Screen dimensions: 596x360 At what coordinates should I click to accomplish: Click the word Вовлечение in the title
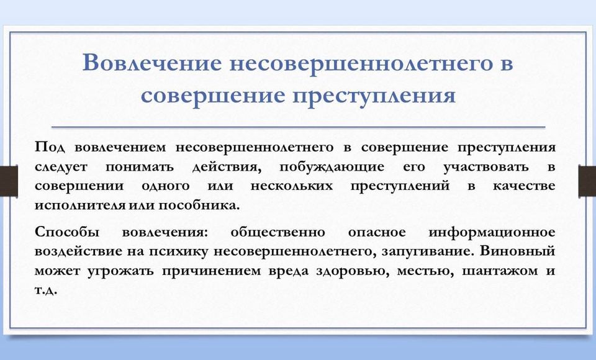click(x=151, y=62)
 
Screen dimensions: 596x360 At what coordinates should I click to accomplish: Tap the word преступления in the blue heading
click(x=374, y=96)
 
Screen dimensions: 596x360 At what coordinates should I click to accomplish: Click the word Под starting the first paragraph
click(x=50, y=148)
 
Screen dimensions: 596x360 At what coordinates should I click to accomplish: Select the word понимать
click(x=139, y=167)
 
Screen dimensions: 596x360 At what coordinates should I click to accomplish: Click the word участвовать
click(x=485, y=167)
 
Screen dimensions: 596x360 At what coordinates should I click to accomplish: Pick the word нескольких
click(x=292, y=186)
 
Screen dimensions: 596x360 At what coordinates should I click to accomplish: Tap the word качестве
click(x=524, y=186)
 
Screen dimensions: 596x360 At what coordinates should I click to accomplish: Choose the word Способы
click(x=67, y=232)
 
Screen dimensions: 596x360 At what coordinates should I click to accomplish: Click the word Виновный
click(x=518, y=251)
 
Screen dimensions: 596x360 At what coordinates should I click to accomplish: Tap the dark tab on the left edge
click(x=9, y=181)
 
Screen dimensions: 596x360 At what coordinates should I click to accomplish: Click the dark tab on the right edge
click(x=587, y=181)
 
